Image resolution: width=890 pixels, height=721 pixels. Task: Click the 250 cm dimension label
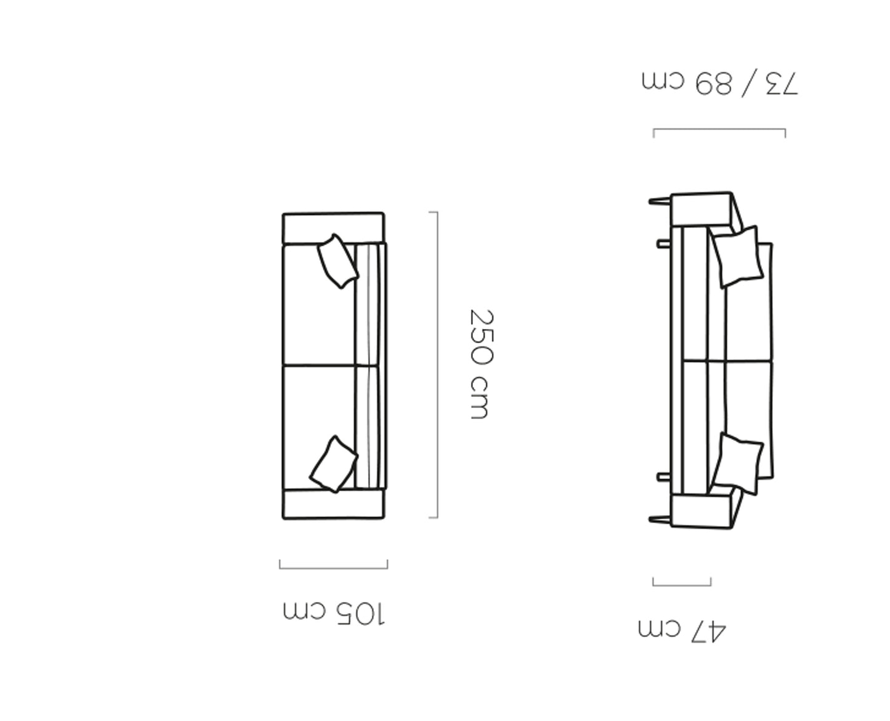pos(482,364)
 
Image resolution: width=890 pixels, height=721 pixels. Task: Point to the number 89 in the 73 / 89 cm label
pos(713,84)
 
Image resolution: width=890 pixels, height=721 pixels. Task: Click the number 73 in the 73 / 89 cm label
pos(782,84)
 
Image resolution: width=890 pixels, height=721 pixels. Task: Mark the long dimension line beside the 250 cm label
pos(437,365)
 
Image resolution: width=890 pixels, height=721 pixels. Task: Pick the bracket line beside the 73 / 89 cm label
pos(719,129)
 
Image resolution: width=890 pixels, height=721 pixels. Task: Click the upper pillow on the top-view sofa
pos(338,261)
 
